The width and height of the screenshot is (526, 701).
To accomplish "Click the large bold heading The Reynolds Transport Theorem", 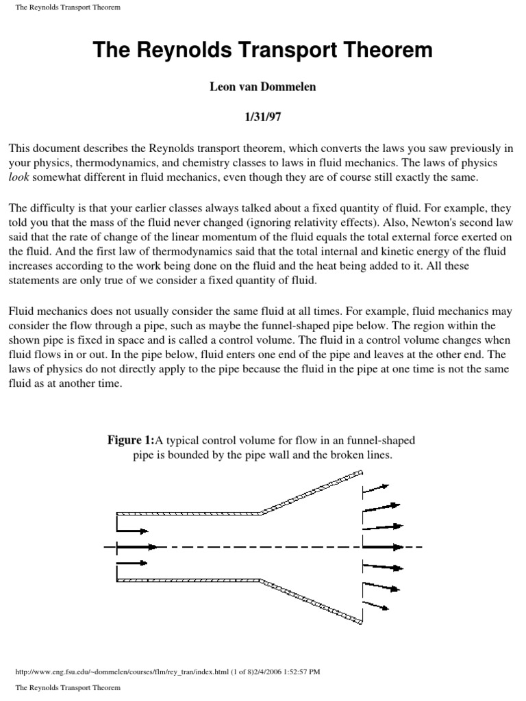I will coord(263,50).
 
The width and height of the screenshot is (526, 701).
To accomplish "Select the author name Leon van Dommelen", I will coord(263,88).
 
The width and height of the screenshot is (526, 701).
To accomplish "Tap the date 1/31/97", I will coord(263,117).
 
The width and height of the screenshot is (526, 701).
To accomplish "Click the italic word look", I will coord(20,178).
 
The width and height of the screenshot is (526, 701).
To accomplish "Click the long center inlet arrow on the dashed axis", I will coord(137,547).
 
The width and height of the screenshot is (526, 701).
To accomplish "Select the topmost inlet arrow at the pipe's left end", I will coord(132,531).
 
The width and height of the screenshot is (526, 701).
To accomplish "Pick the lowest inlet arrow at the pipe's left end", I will coord(132,563).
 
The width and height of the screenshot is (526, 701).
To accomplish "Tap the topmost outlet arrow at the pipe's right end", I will coord(375,487).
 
